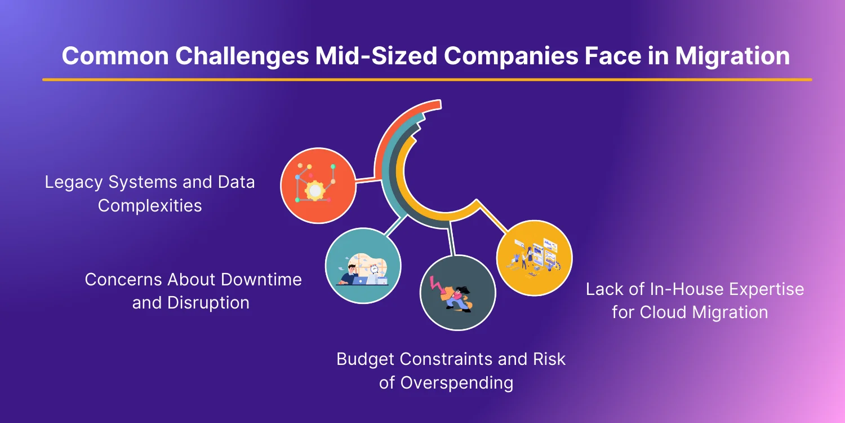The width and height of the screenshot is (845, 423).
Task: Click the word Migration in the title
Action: click(x=732, y=56)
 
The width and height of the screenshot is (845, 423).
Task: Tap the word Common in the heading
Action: click(x=115, y=56)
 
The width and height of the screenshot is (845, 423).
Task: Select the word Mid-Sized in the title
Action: click(x=376, y=56)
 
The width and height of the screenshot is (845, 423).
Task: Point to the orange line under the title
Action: click(x=427, y=80)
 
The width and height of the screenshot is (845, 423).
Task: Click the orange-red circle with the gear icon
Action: click(x=318, y=186)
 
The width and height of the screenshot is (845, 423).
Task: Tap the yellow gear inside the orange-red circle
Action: click(x=315, y=190)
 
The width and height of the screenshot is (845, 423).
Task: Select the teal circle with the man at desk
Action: click(x=363, y=266)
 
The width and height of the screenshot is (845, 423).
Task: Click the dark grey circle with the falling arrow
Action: click(x=457, y=293)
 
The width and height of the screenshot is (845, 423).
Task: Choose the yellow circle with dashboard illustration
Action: click(x=534, y=258)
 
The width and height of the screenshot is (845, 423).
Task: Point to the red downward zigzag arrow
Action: click(x=437, y=287)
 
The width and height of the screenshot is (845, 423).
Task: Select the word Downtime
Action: click(x=261, y=280)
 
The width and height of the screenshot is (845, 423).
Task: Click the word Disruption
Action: click(x=208, y=303)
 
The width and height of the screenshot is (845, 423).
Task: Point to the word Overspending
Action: click(x=457, y=383)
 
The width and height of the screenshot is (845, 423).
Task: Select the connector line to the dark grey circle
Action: click(x=451, y=239)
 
